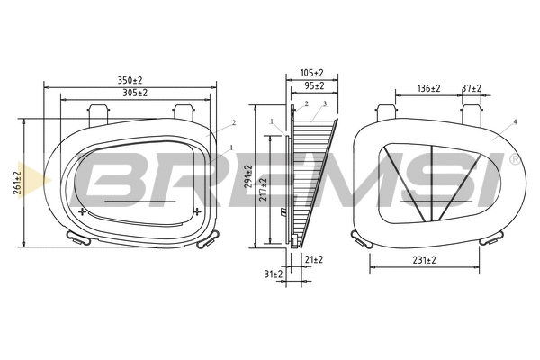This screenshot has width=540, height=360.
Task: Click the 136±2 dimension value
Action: (x=429, y=88)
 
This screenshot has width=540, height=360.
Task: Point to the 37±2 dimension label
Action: (x=471, y=88)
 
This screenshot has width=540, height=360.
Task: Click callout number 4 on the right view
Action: (x=515, y=121)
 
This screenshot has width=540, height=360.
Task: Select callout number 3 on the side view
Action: (x=324, y=104)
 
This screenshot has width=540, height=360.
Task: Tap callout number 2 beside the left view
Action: (x=233, y=121)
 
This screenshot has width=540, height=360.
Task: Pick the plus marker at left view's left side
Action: (x=83, y=212)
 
